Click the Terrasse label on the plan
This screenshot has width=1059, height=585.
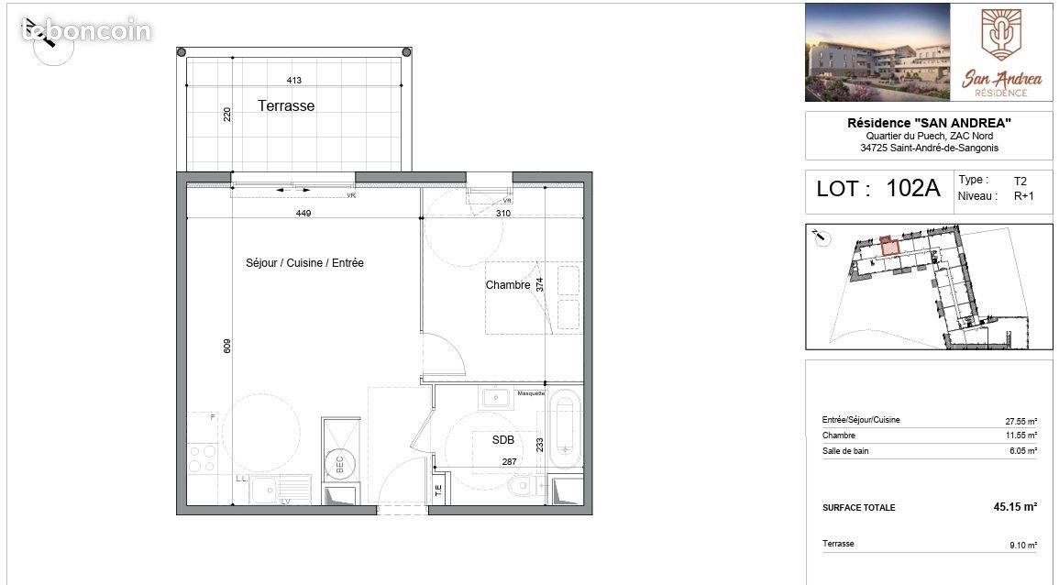(286, 106)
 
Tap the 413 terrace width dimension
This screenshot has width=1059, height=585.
(294, 81)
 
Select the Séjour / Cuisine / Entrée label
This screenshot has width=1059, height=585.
(304, 263)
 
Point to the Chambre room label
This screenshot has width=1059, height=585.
(507, 285)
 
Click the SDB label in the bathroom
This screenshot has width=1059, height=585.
(502, 440)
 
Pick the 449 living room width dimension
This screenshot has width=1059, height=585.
(304, 214)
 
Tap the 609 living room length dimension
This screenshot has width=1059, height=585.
(227, 346)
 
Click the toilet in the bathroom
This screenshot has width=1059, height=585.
(523, 484)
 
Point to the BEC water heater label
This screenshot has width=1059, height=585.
(339, 465)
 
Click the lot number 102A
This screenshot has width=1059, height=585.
(913, 189)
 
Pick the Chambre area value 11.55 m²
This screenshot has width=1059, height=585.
(1020, 436)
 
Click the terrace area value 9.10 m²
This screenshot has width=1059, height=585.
(1022, 545)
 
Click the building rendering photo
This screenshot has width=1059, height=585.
(877, 52)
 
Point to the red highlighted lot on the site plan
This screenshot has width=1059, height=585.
(887, 245)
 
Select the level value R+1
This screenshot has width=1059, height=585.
(1023, 195)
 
